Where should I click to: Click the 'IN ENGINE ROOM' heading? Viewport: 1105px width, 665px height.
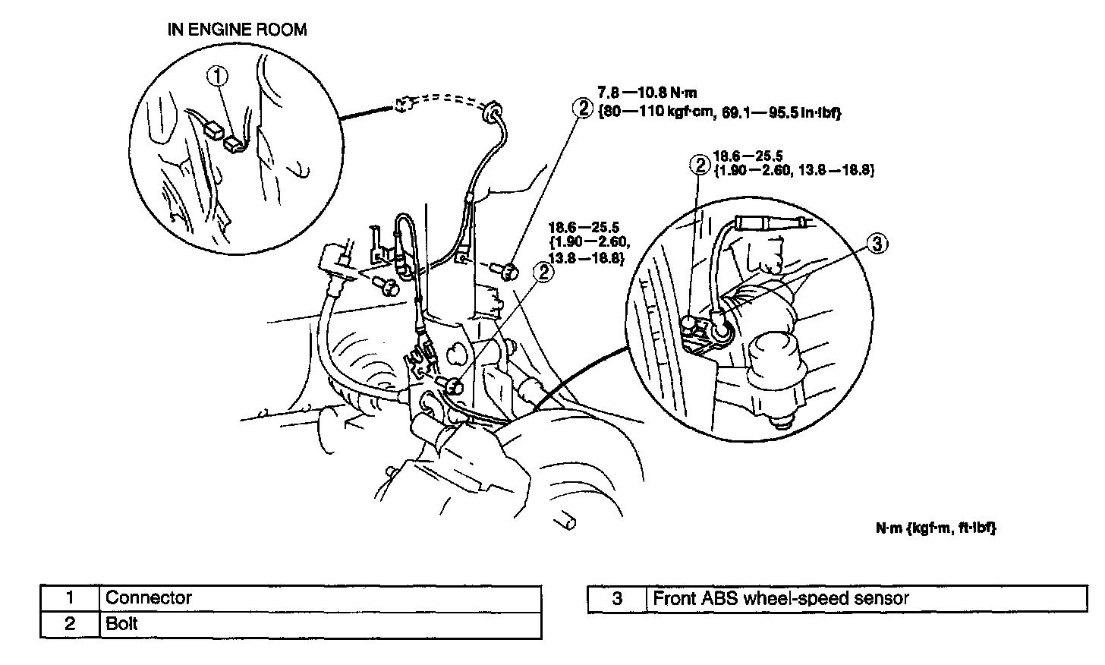click(237, 30)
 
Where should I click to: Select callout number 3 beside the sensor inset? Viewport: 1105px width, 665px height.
click(877, 244)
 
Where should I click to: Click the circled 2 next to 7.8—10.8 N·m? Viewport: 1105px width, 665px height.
click(583, 108)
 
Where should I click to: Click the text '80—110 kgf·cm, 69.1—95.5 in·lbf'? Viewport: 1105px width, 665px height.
click(721, 112)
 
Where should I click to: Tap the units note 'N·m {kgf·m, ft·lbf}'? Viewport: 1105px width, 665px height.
click(936, 526)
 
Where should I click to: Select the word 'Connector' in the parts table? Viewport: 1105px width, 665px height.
click(149, 597)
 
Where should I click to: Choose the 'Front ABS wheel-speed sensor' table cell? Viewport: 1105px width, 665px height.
click(781, 598)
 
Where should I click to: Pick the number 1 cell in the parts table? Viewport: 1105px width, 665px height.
click(70, 597)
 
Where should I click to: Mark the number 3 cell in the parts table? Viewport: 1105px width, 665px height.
click(617, 598)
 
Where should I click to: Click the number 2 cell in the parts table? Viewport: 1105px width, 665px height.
click(70, 624)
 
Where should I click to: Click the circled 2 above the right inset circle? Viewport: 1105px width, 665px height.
click(698, 164)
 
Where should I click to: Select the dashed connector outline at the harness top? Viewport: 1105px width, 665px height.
click(403, 104)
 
